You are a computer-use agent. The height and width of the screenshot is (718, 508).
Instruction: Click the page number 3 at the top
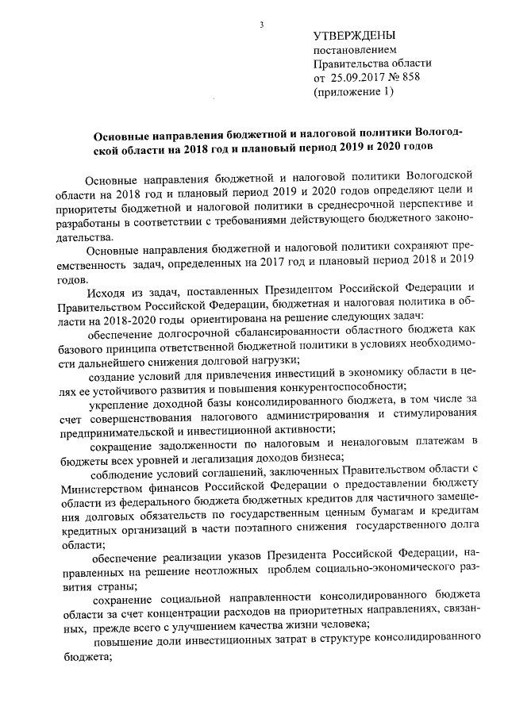click(260, 26)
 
